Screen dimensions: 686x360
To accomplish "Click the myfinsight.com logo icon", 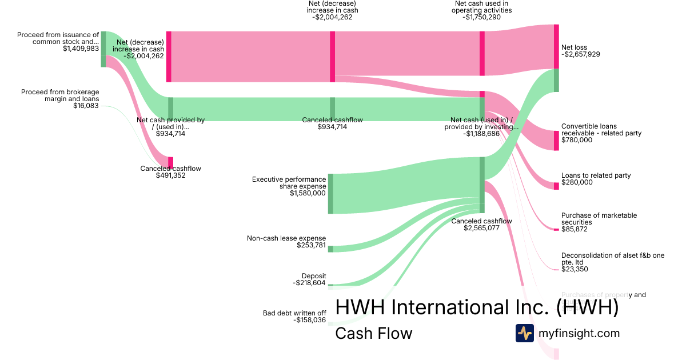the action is [524, 333].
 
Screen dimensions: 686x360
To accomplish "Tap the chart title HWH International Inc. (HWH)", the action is [477, 307].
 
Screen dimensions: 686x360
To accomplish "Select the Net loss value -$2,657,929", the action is [581, 55].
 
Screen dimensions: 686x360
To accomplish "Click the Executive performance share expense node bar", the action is [330, 194].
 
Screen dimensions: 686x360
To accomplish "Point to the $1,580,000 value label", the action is [308, 193].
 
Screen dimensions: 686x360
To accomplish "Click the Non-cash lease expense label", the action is [286, 238].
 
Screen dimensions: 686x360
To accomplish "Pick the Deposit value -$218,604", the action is [309, 283].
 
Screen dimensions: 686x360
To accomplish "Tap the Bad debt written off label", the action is [294, 313].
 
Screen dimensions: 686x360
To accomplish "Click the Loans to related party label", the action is [596, 175].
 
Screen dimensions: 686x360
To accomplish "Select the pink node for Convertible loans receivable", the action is [556, 140].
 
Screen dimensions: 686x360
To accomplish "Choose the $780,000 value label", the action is [577, 140].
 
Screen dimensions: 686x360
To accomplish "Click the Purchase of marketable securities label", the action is [599, 219].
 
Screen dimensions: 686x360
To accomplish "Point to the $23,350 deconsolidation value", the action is [576, 269].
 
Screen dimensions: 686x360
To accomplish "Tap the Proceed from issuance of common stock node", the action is [103, 49].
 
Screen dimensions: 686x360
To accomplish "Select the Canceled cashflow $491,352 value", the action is [170, 175].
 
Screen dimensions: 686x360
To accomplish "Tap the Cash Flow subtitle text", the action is [373, 333].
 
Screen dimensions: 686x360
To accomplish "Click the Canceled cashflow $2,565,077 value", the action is [481, 228].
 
